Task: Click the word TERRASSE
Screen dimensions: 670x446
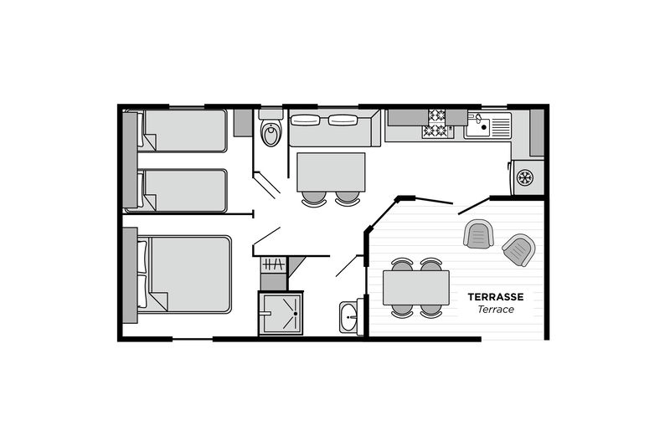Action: point(496,296)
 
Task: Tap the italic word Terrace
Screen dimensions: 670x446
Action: point(496,310)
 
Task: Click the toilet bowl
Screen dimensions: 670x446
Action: point(271,134)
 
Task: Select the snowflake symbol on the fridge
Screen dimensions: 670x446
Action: point(525,177)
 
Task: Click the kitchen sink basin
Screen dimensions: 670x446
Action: point(477,126)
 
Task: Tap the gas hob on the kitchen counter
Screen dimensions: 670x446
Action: point(437,124)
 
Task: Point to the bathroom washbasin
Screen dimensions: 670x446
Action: point(349,317)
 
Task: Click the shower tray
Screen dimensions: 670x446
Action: point(281,314)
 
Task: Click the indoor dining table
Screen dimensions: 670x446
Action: point(331,172)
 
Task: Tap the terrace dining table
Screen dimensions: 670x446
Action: point(415,288)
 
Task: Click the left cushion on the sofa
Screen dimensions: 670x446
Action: point(305,120)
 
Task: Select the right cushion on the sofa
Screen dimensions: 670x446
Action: point(343,120)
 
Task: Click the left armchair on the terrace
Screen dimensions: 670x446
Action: point(478,234)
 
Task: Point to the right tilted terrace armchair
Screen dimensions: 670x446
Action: point(518,249)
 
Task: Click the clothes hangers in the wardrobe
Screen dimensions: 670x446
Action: point(274,264)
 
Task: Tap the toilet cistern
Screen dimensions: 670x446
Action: point(271,114)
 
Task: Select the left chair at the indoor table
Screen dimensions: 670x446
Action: point(314,198)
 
